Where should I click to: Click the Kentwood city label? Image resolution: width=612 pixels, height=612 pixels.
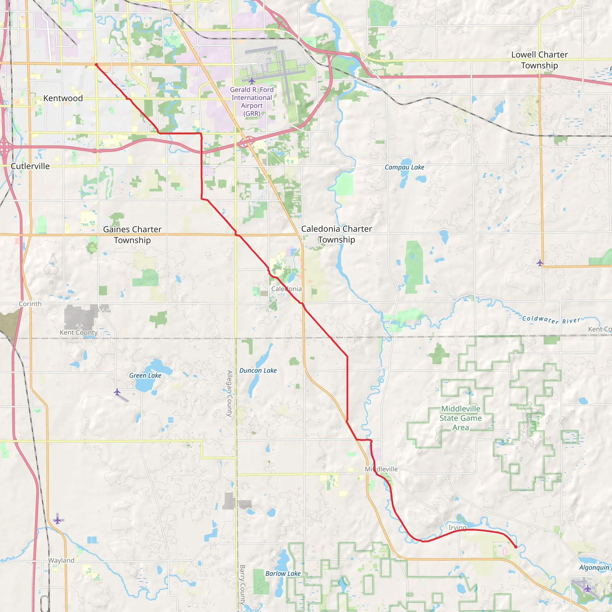click(63, 98)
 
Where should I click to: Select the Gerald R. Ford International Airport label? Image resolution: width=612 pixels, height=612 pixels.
click(252, 101)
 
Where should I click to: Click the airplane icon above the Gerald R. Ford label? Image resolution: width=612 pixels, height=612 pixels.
click(252, 81)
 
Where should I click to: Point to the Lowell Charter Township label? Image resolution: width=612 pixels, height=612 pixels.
click(539, 60)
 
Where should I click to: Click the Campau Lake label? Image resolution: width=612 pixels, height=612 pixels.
click(404, 167)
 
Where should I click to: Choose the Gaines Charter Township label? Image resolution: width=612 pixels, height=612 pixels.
click(132, 234)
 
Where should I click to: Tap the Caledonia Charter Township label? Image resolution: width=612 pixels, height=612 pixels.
click(336, 234)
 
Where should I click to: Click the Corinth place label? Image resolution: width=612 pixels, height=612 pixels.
click(30, 304)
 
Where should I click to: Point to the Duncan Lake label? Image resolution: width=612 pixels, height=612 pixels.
click(258, 370)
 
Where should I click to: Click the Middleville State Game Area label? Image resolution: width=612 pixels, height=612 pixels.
click(460, 418)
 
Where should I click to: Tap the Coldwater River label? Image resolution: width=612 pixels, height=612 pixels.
click(551, 320)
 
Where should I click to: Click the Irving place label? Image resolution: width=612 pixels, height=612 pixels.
click(458, 527)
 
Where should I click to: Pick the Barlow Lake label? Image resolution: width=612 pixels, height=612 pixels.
click(283, 573)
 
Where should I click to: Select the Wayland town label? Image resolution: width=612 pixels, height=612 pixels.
click(61, 560)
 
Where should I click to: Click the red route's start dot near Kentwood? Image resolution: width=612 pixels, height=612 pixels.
click(96, 65)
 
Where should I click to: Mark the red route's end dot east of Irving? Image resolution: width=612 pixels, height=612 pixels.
click(516, 547)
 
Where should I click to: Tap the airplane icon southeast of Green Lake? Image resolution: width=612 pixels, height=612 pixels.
click(117, 392)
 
